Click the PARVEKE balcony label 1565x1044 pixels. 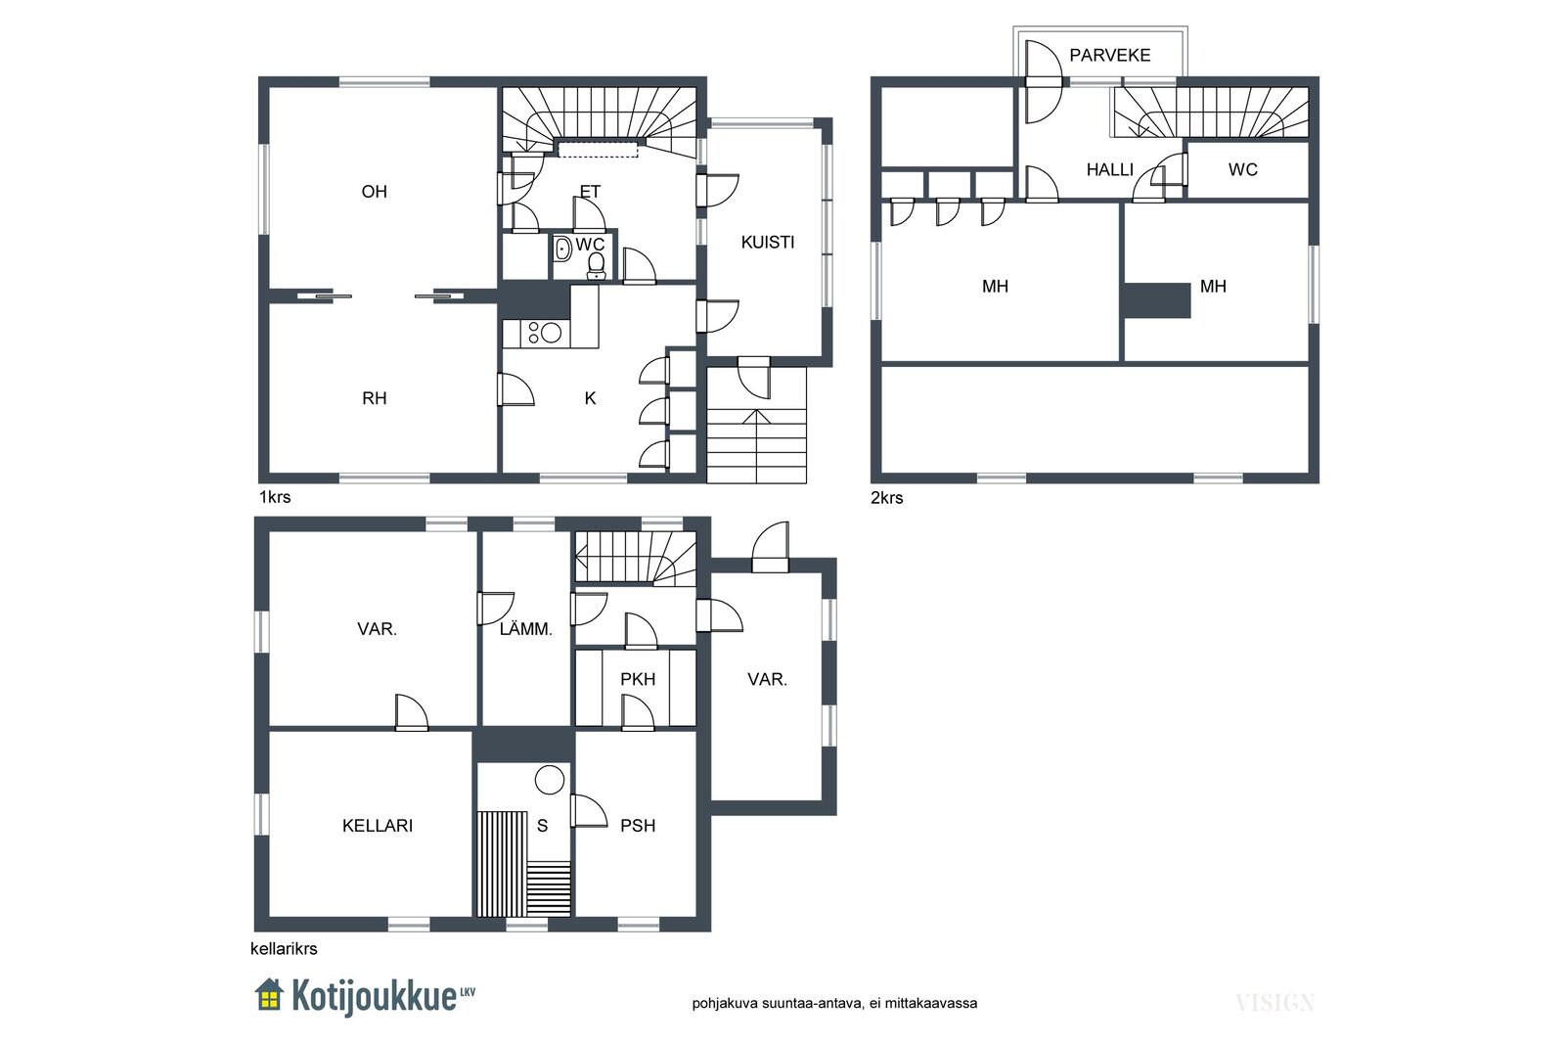point(1109,55)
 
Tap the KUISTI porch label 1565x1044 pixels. point(767,243)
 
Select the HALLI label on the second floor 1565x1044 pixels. point(1109,170)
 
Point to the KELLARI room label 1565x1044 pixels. point(378,826)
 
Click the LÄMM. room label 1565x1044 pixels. point(525,629)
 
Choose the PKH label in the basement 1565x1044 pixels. point(637,679)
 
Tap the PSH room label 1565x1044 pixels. point(637,826)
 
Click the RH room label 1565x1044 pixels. point(375,398)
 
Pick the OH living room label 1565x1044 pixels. point(375,192)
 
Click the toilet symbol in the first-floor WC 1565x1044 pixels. point(596,265)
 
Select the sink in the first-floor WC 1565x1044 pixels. point(561,249)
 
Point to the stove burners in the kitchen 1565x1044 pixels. point(545,333)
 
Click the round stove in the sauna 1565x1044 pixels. point(550,780)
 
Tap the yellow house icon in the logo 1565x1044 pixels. point(269,994)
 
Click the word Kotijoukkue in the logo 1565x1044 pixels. point(373,996)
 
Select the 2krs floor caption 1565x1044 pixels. point(886,498)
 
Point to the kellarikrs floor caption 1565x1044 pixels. point(284,949)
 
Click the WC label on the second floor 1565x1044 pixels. point(1243,170)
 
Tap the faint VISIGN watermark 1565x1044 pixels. point(1275,1004)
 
